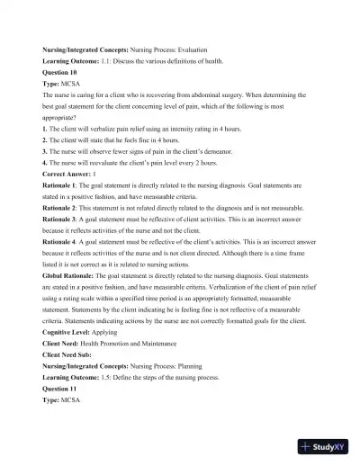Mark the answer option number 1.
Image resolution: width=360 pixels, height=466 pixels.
click(x=45, y=130)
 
